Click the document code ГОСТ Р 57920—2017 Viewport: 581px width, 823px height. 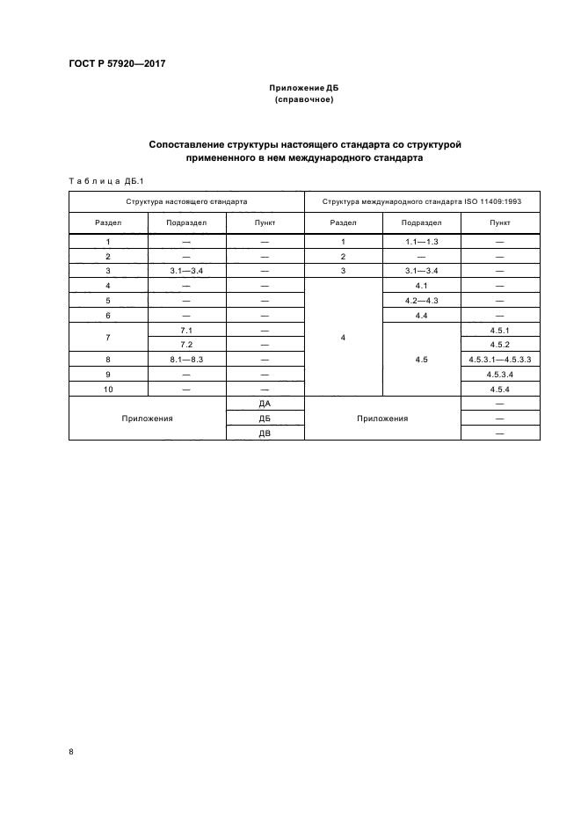click(x=117, y=65)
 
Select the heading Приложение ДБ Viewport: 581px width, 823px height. click(x=304, y=89)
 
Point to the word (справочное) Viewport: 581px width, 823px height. click(x=304, y=100)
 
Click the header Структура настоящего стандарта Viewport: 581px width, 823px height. click(x=186, y=201)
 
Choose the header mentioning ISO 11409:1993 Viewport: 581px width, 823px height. click(x=422, y=201)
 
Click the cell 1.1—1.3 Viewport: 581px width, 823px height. click(x=421, y=241)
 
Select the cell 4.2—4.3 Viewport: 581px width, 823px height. click(x=421, y=300)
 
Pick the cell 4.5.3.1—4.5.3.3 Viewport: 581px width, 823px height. click(x=500, y=359)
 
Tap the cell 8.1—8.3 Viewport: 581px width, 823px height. click(x=186, y=359)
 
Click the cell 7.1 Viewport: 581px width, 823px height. click(x=186, y=329)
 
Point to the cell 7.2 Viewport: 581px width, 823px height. click(x=186, y=344)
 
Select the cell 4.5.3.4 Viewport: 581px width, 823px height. click(x=500, y=374)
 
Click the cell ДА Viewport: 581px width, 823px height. click(x=265, y=403)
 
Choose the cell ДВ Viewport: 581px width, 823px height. click(x=265, y=433)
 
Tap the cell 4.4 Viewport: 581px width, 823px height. click(x=421, y=315)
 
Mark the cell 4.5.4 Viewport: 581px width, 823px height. click(x=500, y=388)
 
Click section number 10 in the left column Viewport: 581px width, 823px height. click(x=107, y=388)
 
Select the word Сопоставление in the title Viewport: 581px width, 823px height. click(x=186, y=143)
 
